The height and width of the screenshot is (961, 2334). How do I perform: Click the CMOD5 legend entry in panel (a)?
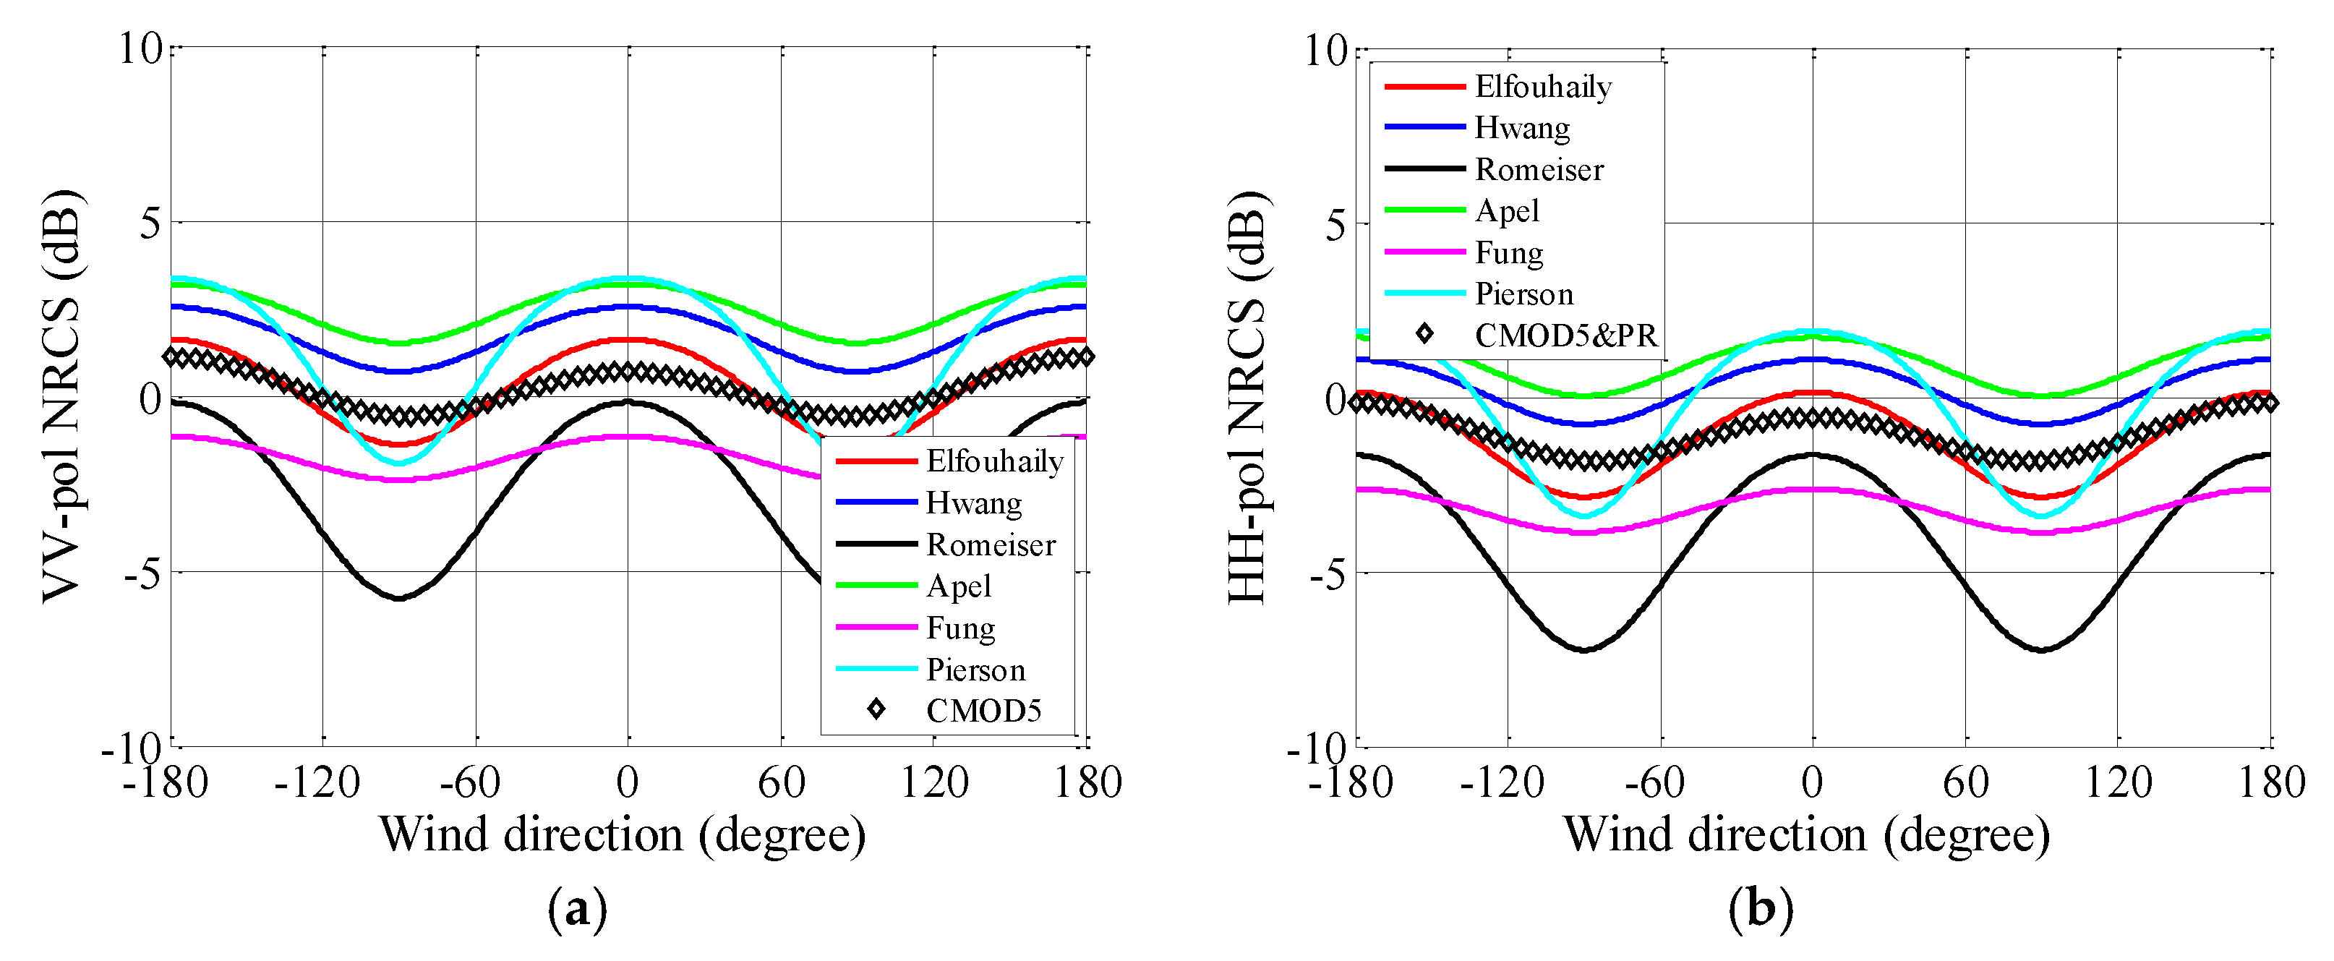983,711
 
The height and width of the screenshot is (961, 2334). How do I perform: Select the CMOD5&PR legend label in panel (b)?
1565,335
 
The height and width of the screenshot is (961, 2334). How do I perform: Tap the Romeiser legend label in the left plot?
991,544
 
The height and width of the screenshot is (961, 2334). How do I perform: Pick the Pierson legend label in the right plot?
1524,294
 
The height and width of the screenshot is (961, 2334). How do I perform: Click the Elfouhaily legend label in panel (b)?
1543,86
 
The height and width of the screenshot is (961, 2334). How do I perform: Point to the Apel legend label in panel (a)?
959,586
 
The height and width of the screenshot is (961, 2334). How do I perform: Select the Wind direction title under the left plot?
622,834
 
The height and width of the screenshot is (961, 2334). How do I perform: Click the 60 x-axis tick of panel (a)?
781,782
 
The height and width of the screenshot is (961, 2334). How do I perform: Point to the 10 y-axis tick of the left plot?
140,47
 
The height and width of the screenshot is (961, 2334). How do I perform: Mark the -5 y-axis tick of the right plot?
1328,573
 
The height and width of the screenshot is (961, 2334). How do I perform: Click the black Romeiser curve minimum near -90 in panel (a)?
398,598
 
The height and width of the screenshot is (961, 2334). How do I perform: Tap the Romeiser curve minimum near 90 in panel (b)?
2041,649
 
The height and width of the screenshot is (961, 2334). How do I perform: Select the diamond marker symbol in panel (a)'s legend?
875,709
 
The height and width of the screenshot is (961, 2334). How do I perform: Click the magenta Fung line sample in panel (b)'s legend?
1424,252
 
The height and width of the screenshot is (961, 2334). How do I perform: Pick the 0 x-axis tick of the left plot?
627,782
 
